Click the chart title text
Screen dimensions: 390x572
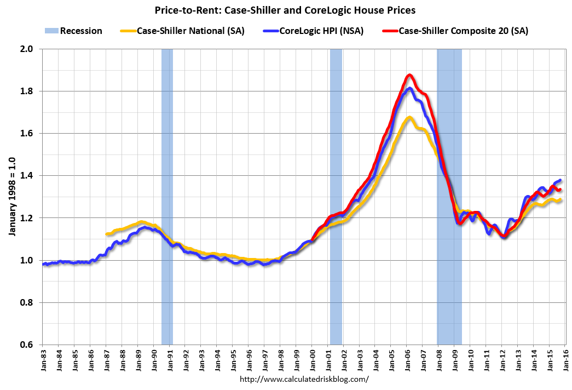pyautogui.click(x=286, y=9)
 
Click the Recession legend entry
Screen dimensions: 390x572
pyautogui.click(x=81, y=31)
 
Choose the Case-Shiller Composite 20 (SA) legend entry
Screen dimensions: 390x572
pyautogui.click(x=463, y=31)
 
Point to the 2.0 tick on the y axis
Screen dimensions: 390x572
pyautogui.click(x=28, y=49)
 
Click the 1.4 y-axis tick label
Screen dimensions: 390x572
pyautogui.click(x=28, y=176)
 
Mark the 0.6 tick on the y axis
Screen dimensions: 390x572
pyautogui.click(x=28, y=345)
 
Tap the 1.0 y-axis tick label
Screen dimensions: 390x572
pyautogui.click(x=28, y=260)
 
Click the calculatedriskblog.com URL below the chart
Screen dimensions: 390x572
pyautogui.click(x=304, y=378)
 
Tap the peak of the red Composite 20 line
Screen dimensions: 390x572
pyautogui.click(x=409, y=75)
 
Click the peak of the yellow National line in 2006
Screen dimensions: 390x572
pyautogui.click(x=409, y=117)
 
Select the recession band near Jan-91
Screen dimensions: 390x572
pyautogui.click(x=167, y=197)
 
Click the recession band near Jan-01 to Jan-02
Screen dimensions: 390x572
pyautogui.click(x=336, y=197)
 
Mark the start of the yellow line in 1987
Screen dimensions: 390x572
pyautogui.click(x=106, y=234)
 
